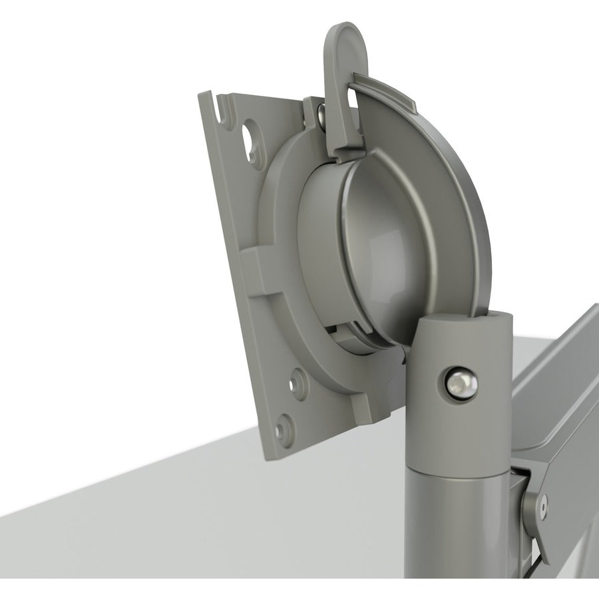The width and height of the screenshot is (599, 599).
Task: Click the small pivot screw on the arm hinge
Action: tap(545, 506)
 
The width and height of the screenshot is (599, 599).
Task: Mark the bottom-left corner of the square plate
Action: tap(270, 455)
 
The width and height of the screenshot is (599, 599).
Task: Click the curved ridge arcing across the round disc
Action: tap(426, 200)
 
